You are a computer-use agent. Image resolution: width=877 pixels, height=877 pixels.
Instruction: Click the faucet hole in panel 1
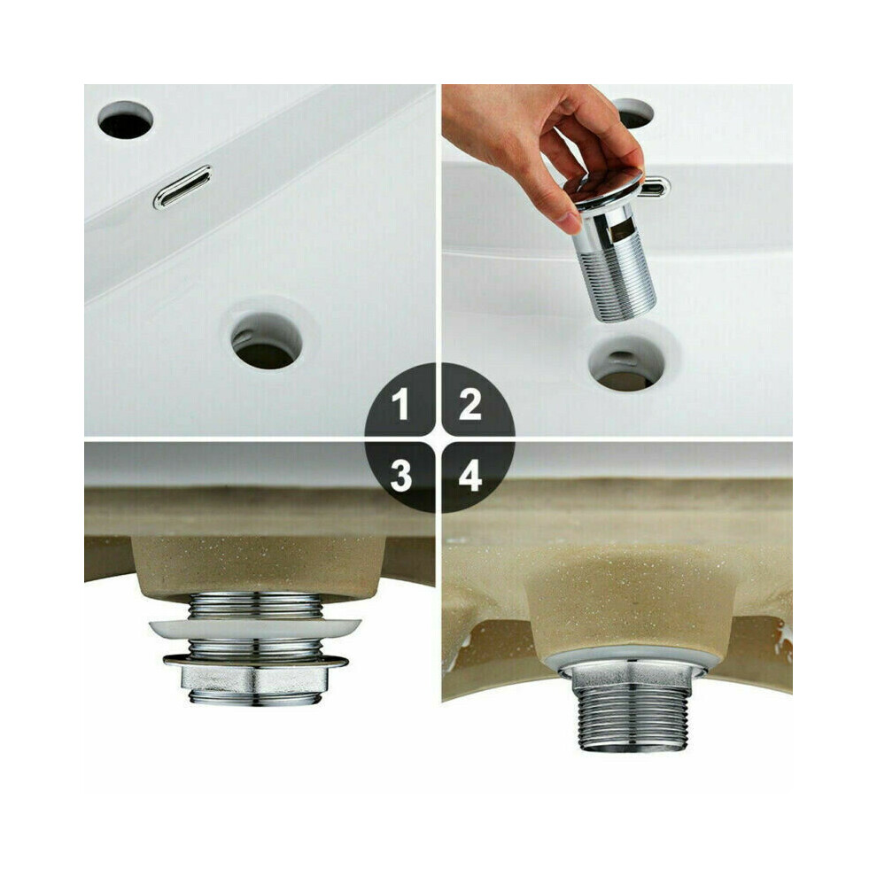click(125, 120)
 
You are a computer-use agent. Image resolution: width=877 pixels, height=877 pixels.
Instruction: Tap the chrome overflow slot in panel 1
click(182, 186)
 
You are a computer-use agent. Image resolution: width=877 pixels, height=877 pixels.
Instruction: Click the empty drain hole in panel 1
click(267, 341)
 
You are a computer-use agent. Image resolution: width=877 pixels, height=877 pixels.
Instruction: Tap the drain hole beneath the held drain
click(626, 363)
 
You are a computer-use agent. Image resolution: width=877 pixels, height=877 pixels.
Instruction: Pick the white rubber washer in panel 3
click(255, 628)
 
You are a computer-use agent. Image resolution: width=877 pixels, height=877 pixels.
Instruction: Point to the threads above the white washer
click(255, 606)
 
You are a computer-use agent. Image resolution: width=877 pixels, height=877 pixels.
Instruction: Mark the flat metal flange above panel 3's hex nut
click(255, 661)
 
